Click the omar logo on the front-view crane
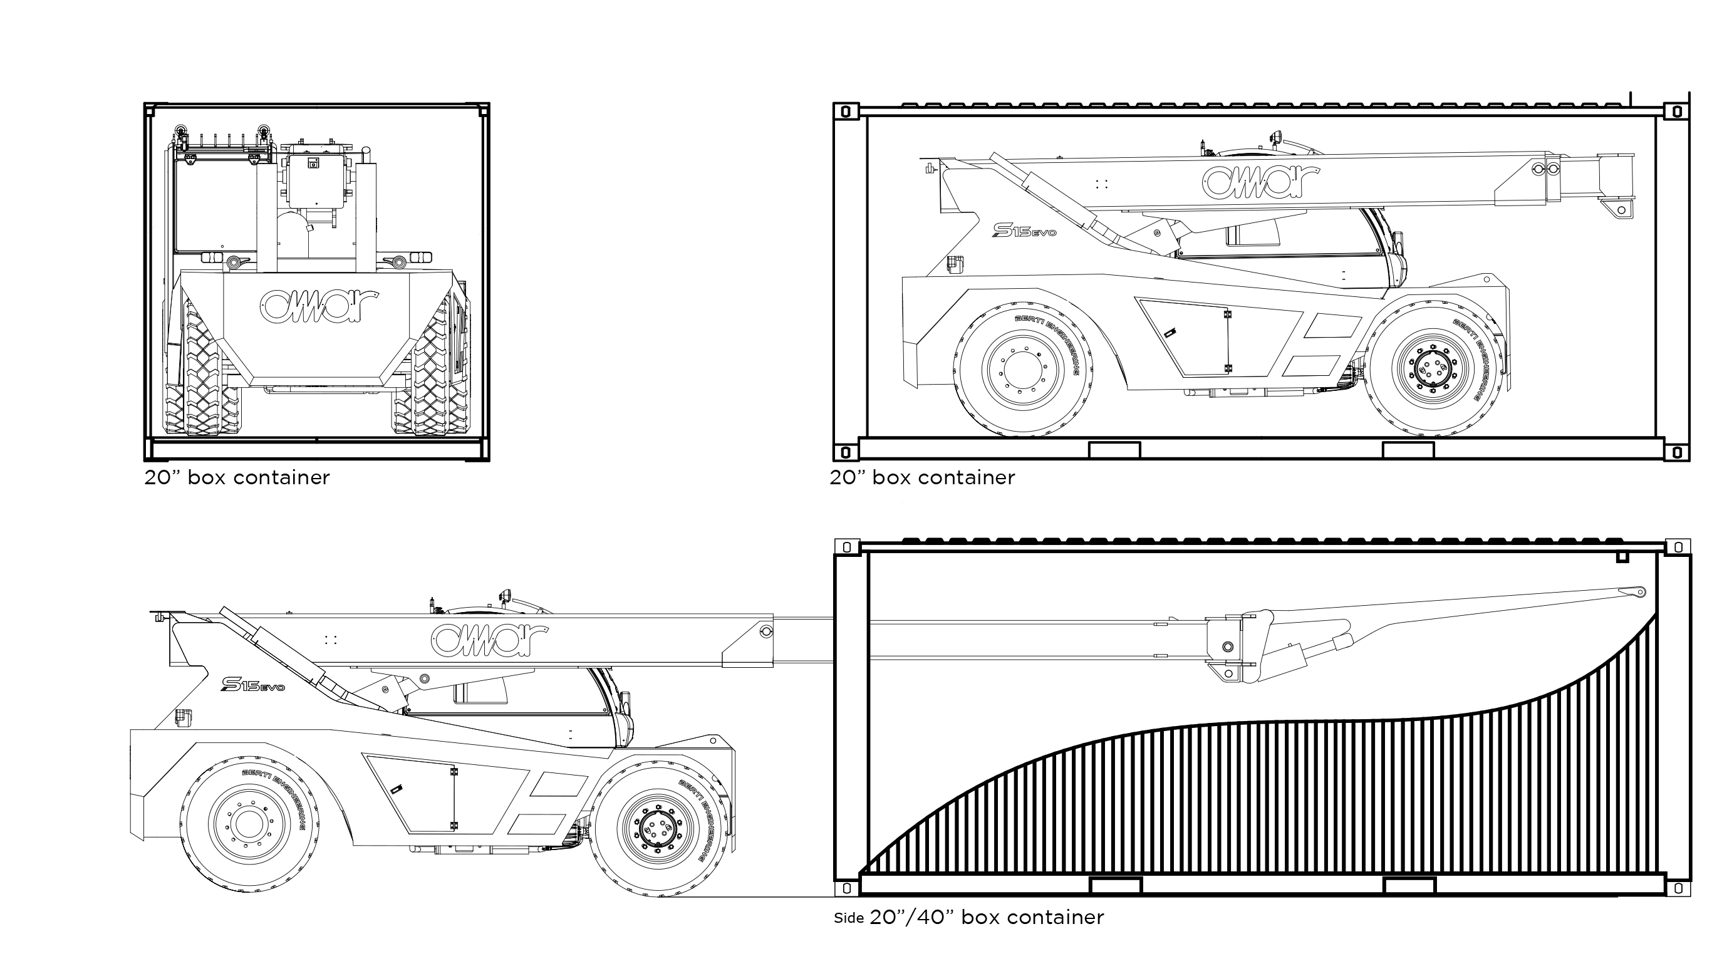[x=319, y=306]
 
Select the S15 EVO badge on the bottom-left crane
[x=252, y=684]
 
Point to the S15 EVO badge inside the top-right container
[x=1025, y=230]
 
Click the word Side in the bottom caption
[x=849, y=918]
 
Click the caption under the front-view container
[x=237, y=477]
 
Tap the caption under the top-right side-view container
[x=922, y=477]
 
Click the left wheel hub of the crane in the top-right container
[x=1020, y=369]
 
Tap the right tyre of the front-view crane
[x=431, y=369]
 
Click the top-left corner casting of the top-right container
[x=846, y=112]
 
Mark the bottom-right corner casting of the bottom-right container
[x=1678, y=889]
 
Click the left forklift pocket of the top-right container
[x=1114, y=450]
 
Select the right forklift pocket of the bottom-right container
[x=1409, y=886]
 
